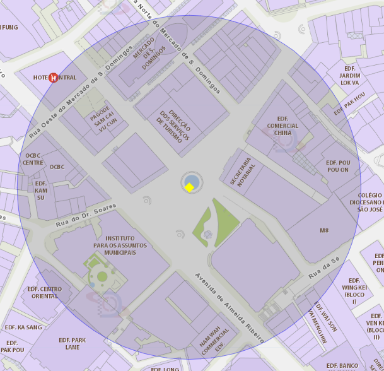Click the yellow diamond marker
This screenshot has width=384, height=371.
(x=189, y=187)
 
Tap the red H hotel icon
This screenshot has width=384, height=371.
(x=54, y=78)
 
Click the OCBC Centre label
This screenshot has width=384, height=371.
(x=33, y=158)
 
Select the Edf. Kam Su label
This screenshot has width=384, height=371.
(x=42, y=190)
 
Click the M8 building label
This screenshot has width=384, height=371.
(x=324, y=230)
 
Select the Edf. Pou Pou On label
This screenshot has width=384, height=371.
(x=337, y=167)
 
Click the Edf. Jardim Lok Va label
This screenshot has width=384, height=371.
(x=349, y=75)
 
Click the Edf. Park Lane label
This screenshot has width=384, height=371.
(x=73, y=343)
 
